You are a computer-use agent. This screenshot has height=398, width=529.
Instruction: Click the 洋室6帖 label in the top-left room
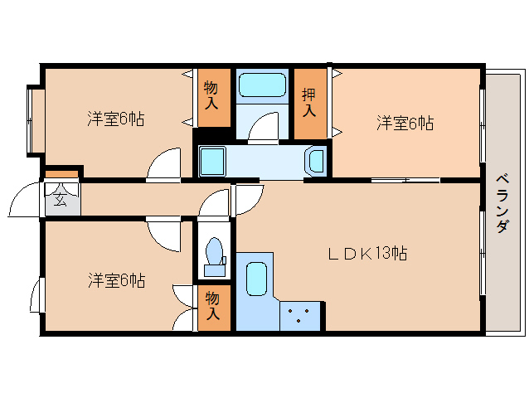(x=115, y=119)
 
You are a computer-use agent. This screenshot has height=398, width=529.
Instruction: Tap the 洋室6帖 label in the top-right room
(x=405, y=124)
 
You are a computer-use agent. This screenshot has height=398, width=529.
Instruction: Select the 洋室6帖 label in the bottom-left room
(x=116, y=280)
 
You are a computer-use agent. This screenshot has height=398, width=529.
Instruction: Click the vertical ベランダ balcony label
(x=502, y=203)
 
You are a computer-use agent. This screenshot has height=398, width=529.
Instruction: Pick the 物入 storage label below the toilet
(x=212, y=306)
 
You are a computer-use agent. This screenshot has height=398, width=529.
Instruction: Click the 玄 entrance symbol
(x=61, y=199)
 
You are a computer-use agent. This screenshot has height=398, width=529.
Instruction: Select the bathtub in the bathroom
(x=262, y=86)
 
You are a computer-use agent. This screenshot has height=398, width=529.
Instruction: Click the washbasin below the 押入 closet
(x=316, y=160)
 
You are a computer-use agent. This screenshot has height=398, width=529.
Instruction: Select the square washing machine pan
(x=212, y=159)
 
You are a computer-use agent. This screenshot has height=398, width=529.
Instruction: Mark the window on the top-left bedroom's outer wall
(x=31, y=119)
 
